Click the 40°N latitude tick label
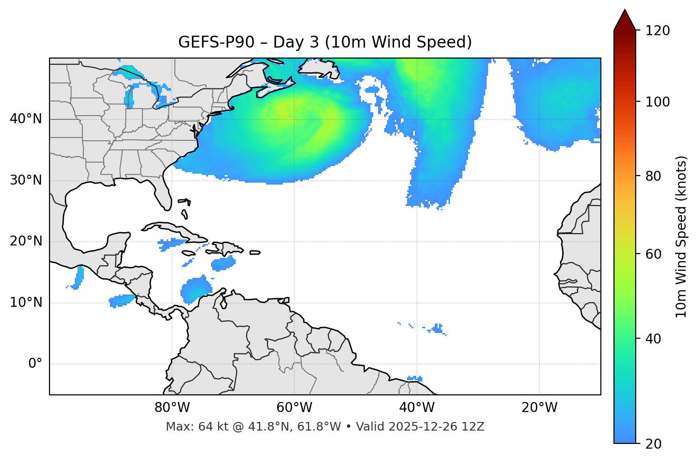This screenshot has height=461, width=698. pyautogui.click(x=26, y=119)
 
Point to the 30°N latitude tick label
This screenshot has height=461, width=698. pyautogui.click(x=26, y=180)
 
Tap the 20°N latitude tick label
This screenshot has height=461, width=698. pyautogui.click(x=26, y=241)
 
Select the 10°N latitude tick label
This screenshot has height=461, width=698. pyautogui.click(x=26, y=303)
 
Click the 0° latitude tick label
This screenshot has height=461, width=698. pyautogui.click(x=35, y=364)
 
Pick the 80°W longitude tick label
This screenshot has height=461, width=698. pyautogui.click(x=172, y=408)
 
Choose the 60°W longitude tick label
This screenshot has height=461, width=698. pyautogui.click(x=294, y=408)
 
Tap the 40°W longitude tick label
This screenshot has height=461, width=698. pyautogui.click(x=417, y=408)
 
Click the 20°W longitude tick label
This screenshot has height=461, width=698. pyautogui.click(x=539, y=408)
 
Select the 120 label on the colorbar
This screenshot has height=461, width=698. pyautogui.click(x=658, y=31)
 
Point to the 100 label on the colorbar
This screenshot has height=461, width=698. pyautogui.click(x=658, y=102)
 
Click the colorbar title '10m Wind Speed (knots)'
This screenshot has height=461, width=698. pyautogui.click(x=681, y=237)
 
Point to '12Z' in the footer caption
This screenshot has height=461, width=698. pyautogui.click(x=475, y=427)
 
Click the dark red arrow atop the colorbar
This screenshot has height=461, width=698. pyautogui.click(x=625, y=20)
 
